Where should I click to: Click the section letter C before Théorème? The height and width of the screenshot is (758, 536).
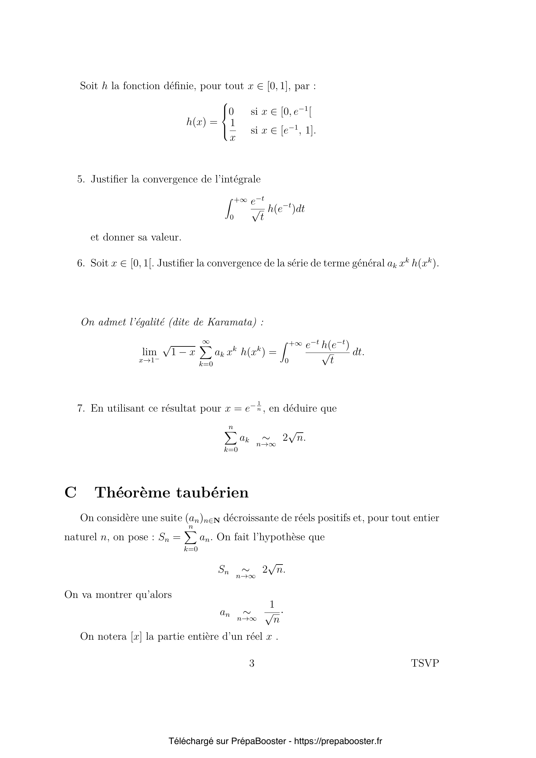tap(71, 493)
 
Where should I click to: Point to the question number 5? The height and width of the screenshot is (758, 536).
tap(81, 179)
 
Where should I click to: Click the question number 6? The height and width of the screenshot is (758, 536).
tap(81, 263)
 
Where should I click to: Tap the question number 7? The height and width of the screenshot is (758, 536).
tap(81, 408)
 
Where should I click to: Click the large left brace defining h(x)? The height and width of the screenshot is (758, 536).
tap(225, 122)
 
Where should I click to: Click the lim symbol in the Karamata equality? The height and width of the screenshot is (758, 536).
tap(149, 352)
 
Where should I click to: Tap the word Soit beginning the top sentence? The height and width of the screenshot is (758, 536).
tap(89, 86)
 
